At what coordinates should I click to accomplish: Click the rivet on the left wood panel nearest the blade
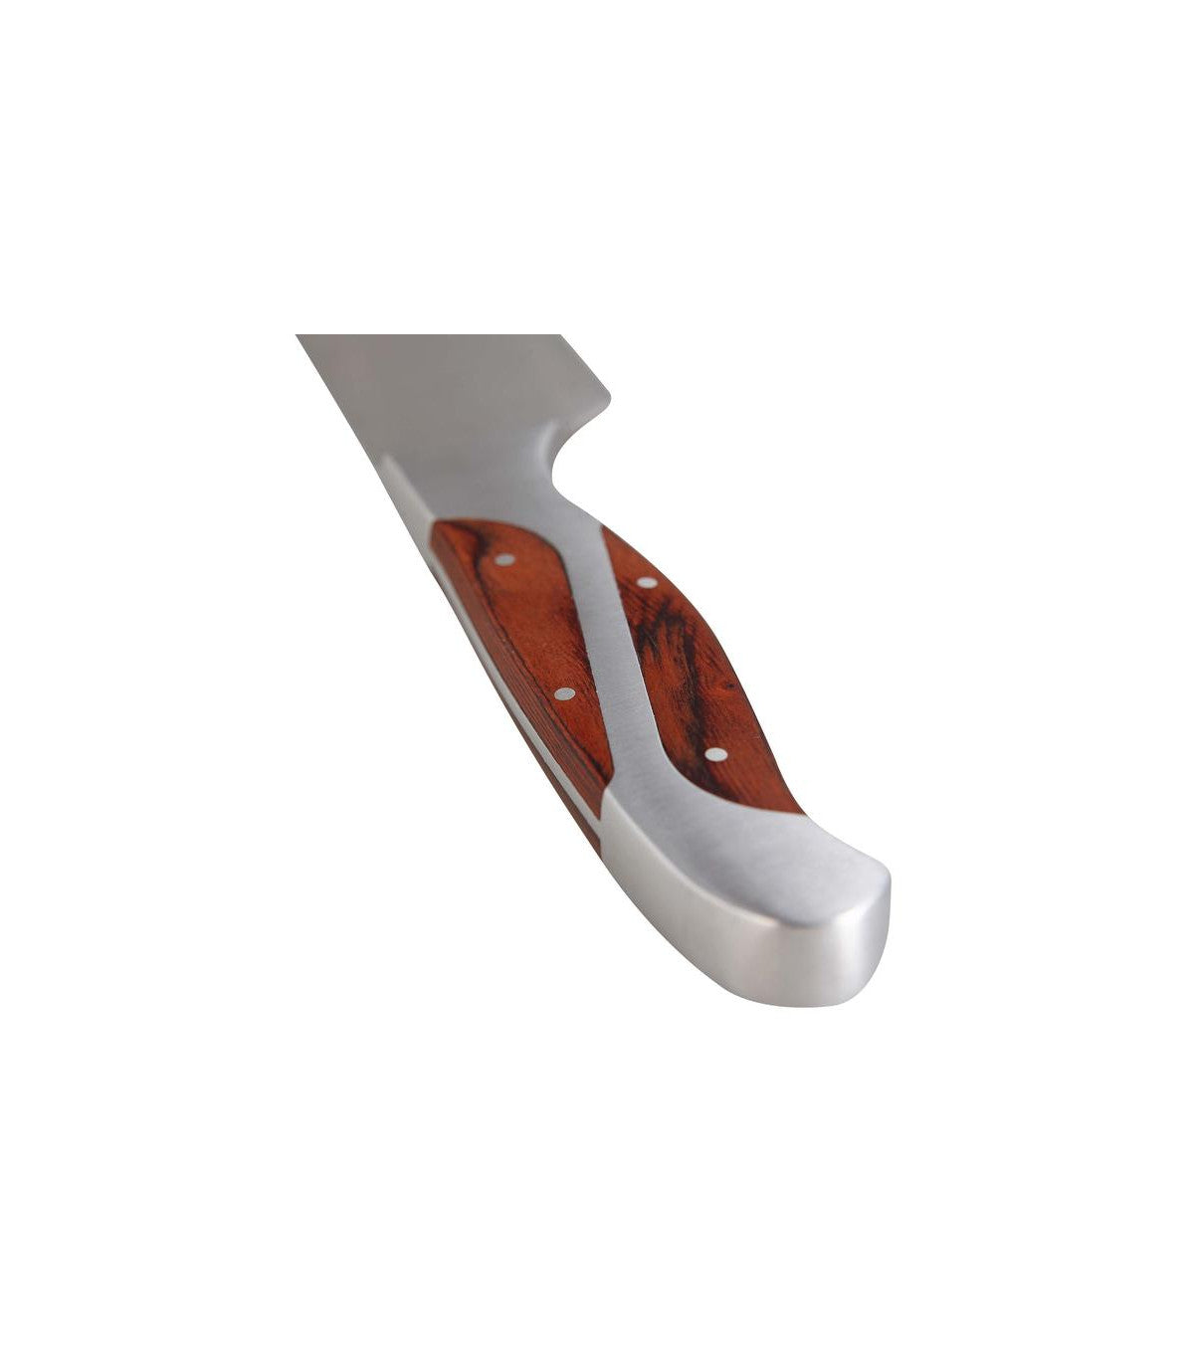(x=504, y=559)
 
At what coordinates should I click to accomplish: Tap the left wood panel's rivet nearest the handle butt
(x=564, y=693)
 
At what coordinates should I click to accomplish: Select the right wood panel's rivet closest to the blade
(x=647, y=582)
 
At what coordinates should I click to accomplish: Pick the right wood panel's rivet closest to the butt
(x=714, y=753)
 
